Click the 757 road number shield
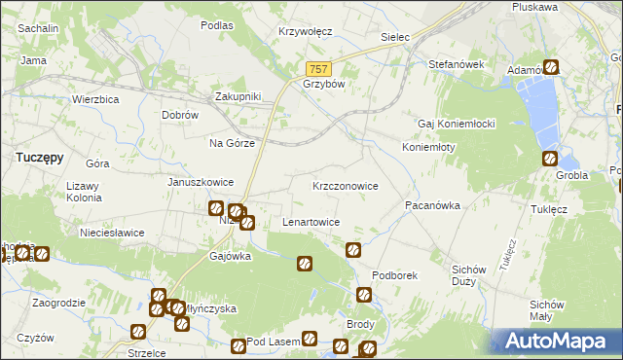319,69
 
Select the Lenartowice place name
311,222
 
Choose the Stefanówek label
457,64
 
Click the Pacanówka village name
432,206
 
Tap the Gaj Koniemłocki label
458,124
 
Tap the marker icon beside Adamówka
551,68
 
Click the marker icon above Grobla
549,159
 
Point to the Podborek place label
394,275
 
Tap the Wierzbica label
95,99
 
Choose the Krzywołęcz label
306,31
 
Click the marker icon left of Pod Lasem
238,345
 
